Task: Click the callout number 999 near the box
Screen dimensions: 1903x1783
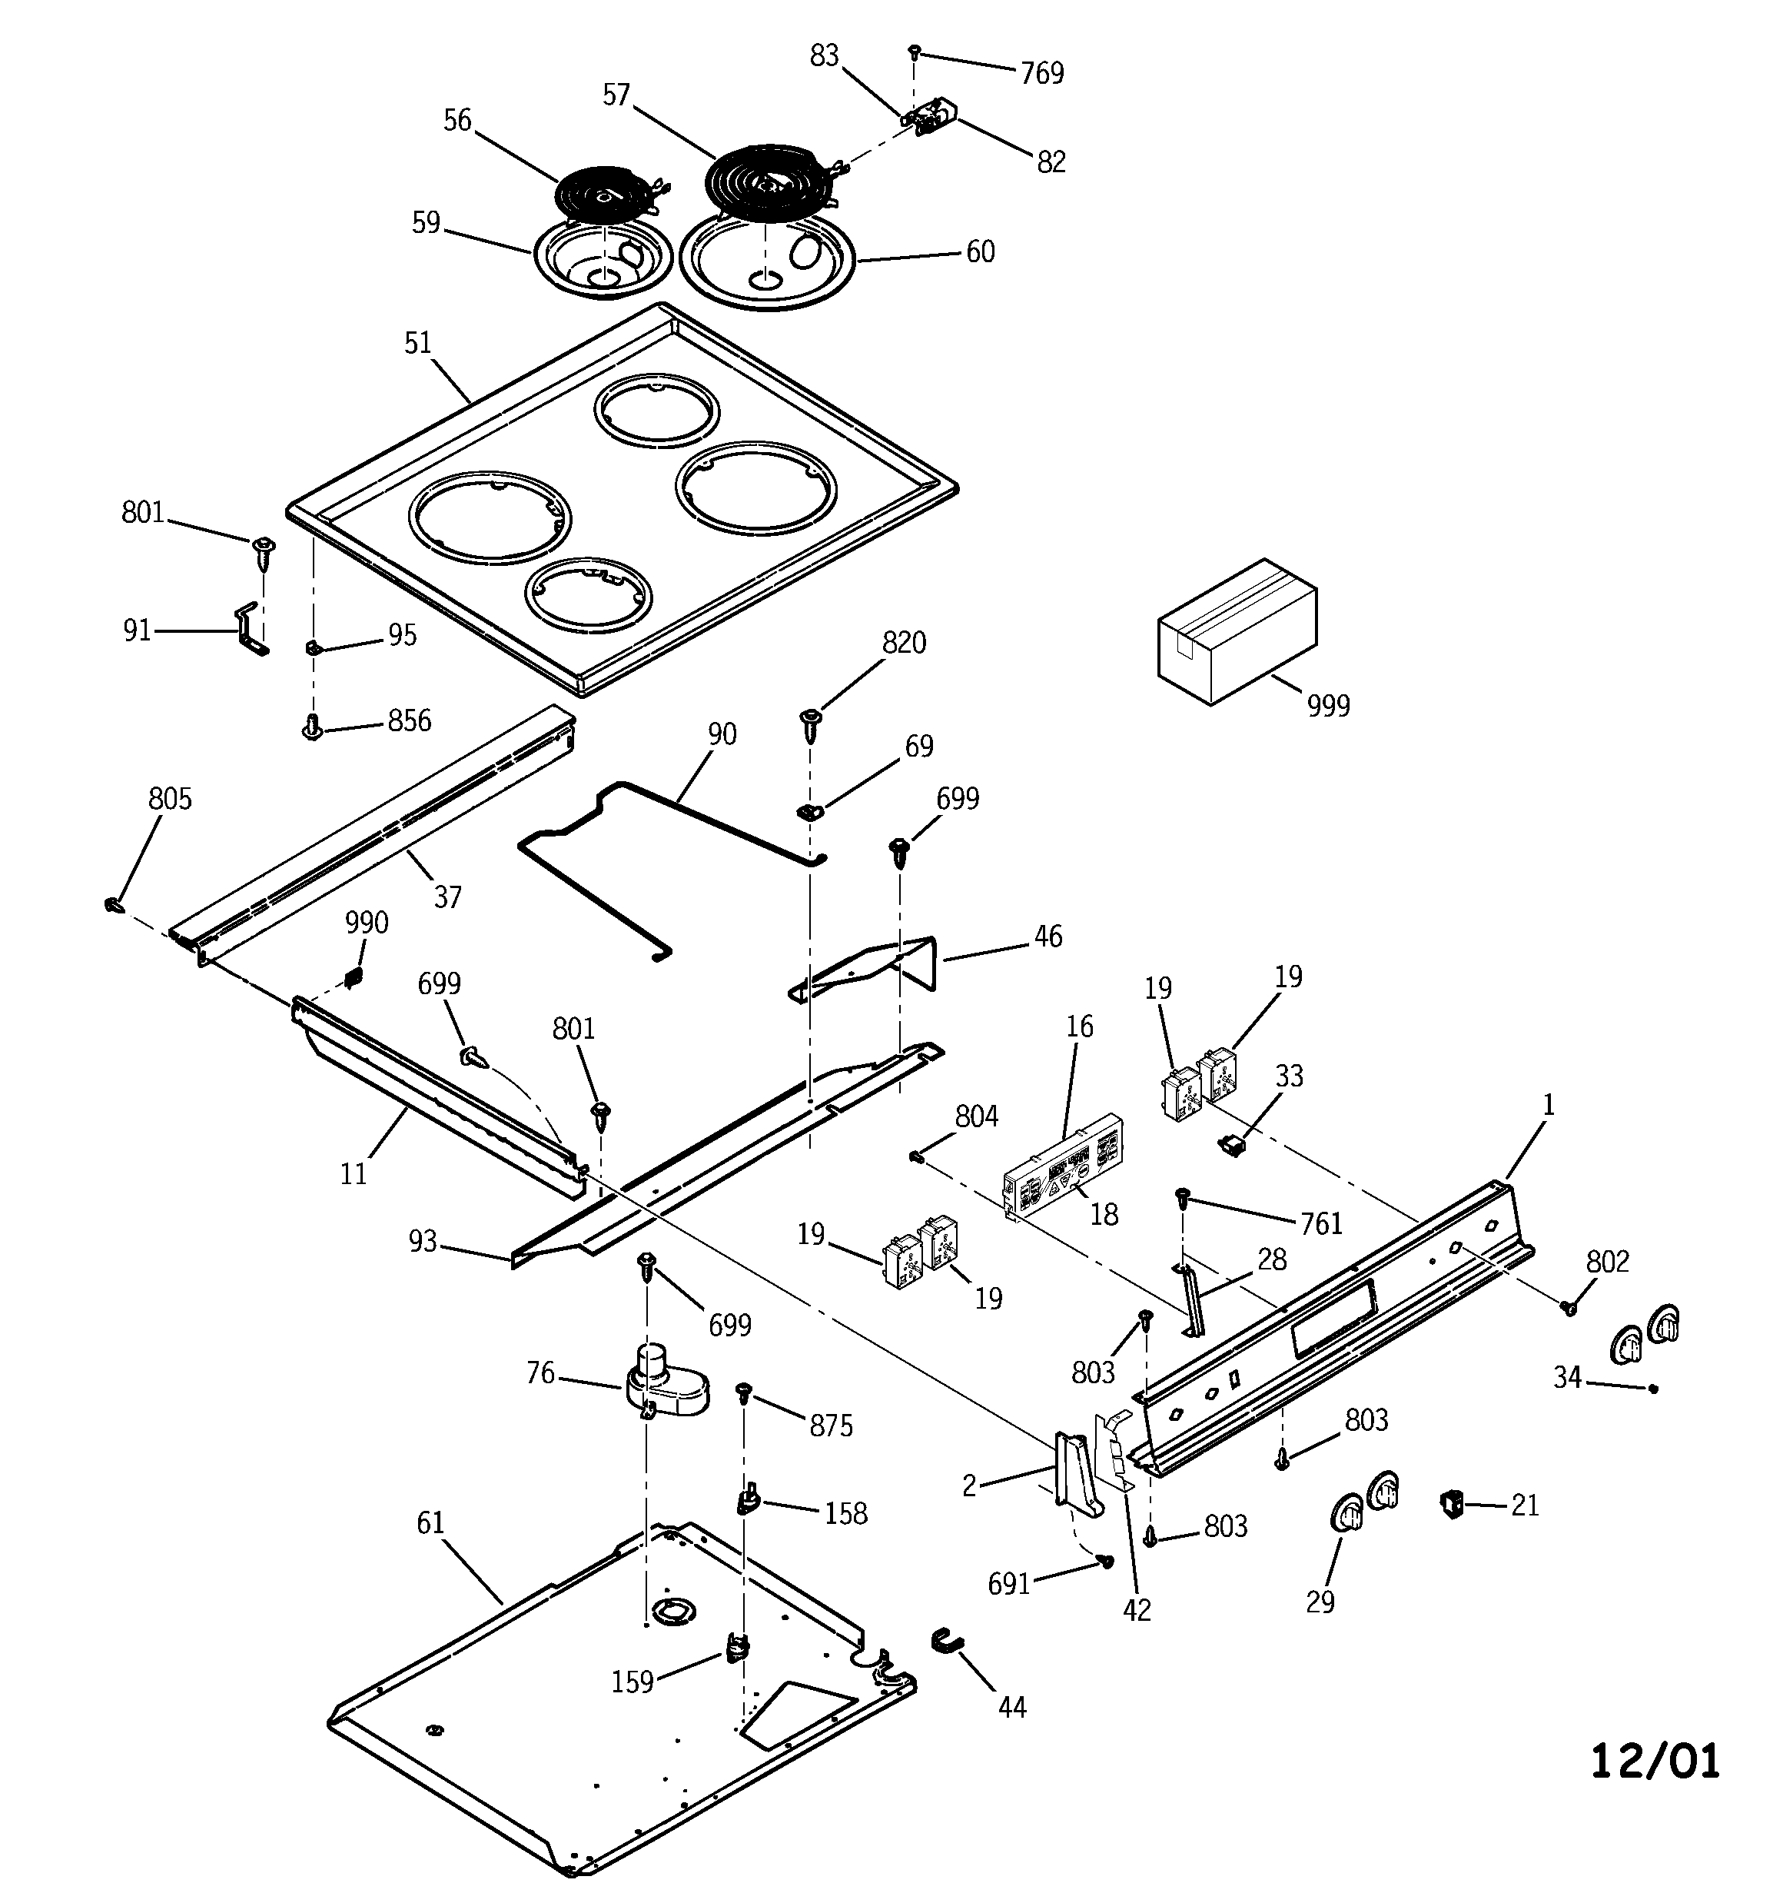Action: click(1327, 706)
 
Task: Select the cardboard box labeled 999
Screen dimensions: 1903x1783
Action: click(1237, 632)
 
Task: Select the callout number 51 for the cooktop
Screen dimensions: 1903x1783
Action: click(418, 343)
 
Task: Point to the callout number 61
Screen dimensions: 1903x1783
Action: click(430, 1522)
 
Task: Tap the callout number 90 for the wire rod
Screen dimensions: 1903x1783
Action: click(722, 734)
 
